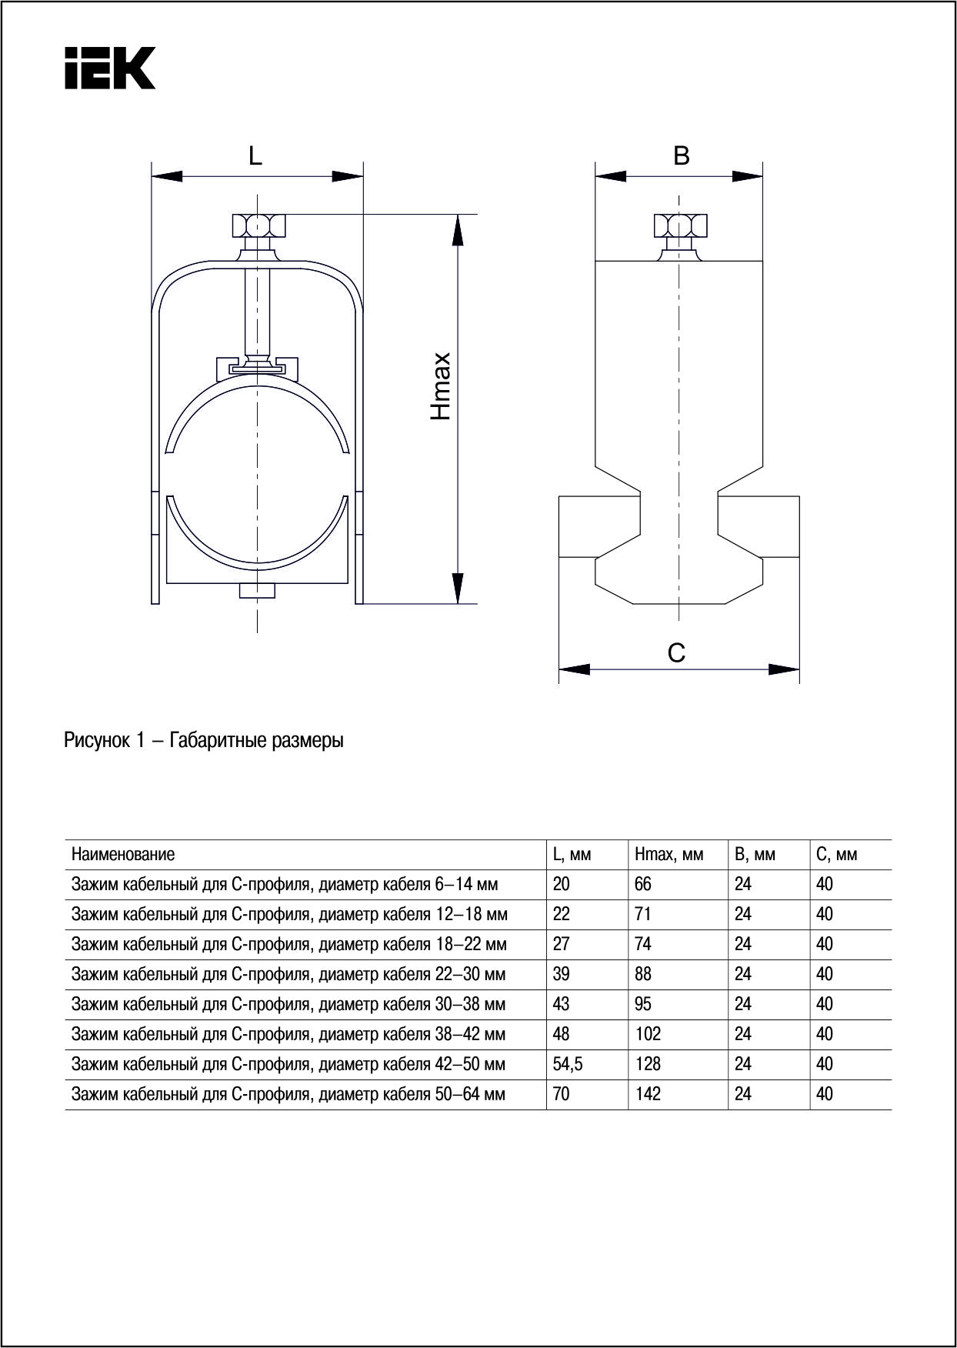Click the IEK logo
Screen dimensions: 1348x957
[110, 68]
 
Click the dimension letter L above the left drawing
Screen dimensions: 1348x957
[255, 156]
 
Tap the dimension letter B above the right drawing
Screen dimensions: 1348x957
[681, 156]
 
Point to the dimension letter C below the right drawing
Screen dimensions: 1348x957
[676, 653]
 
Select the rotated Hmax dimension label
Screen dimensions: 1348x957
[441, 386]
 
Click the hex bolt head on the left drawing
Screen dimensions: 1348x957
[258, 225]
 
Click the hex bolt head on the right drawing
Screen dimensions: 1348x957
[680, 225]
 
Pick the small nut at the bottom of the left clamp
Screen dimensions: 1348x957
[258, 591]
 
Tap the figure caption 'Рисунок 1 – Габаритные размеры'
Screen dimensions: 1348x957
[204, 741]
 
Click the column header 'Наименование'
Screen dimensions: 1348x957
[123, 854]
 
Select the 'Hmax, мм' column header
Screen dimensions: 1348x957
[669, 854]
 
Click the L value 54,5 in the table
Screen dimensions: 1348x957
[568, 1064]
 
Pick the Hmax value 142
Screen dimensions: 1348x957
[648, 1094]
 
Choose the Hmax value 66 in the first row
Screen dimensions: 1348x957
[643, 884]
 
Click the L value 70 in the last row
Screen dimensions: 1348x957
[562, 1094]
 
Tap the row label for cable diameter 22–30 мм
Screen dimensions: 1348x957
[288, 974]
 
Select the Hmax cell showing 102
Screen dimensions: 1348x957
[648, 1034]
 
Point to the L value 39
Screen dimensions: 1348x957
[562, 974]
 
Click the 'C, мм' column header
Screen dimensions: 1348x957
[836, 854]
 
